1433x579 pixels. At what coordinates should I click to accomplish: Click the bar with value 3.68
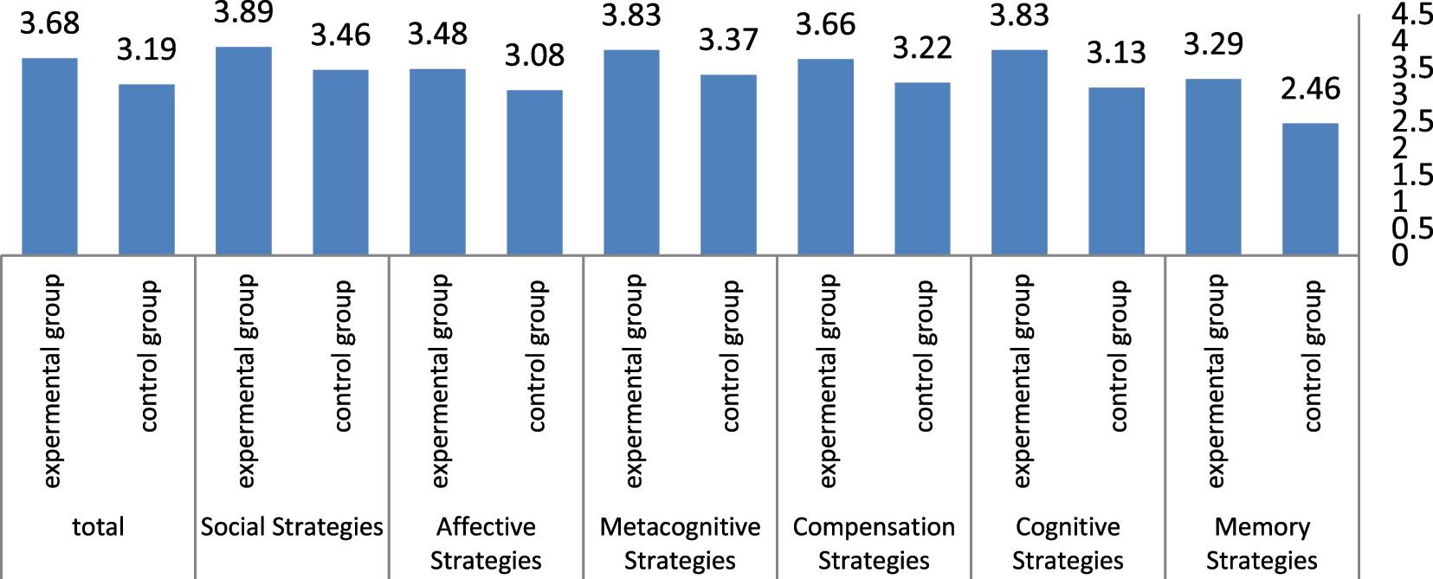point(49,157)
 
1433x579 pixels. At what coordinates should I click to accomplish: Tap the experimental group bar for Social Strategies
point(243,151)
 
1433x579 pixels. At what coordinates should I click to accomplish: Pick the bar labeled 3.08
point(534,172)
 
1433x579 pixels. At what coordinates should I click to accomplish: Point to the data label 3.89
point(243,12)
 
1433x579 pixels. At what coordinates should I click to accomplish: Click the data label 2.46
point(1310,88)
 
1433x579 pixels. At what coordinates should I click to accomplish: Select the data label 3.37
point(728,40)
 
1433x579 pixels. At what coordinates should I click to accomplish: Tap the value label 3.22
point(922,48)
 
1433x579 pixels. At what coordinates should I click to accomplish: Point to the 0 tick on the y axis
point(1400,255)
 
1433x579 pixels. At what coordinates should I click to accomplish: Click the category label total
point(98,526)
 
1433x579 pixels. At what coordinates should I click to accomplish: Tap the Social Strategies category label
point(292,526)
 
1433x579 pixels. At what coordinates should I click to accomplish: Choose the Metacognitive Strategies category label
point(680,543)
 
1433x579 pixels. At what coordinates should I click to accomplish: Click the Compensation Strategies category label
point(874,543)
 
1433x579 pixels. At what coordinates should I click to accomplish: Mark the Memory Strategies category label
point(1262,543)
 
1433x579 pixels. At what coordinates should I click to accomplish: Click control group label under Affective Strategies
point(536,355)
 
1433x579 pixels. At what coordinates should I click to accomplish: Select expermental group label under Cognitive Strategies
point(1021,381)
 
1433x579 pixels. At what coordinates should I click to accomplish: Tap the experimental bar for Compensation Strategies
point(825,157)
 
